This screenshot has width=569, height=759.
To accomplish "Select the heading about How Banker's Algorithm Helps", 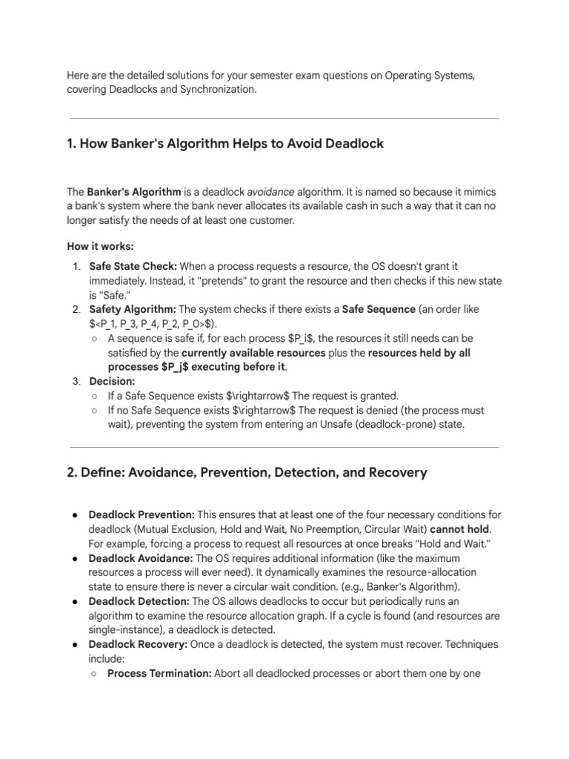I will pyautogui.click(x=225, y=144).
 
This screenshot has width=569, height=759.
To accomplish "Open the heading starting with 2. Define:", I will pyautogui.click(x=247, y=473).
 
